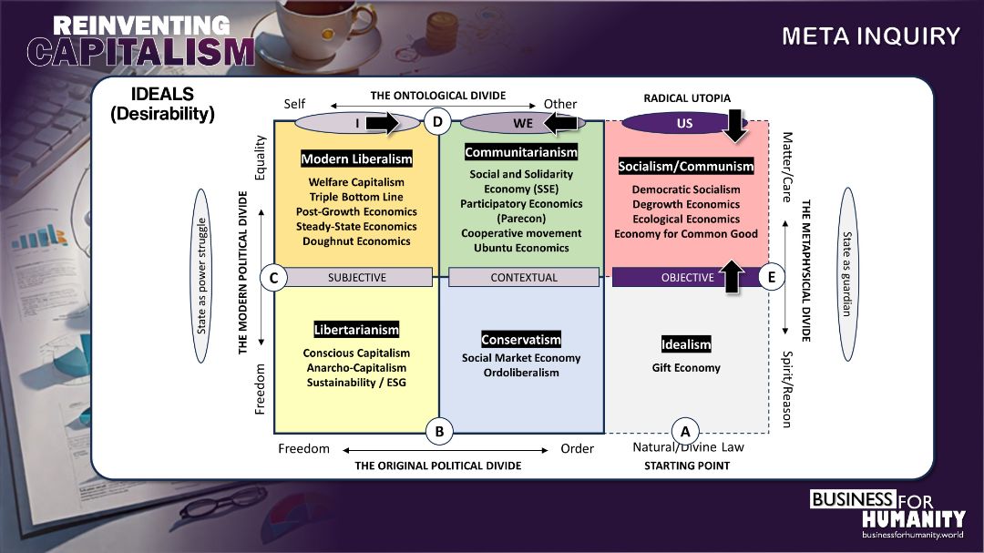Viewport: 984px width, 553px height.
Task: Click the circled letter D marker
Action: [x=438, y=121]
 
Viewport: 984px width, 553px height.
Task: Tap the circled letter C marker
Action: [x=273, y=278]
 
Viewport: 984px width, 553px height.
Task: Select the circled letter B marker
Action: [x=439, y=432]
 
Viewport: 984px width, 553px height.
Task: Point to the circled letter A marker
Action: [x=684, y=432]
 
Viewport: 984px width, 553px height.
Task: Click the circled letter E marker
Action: [x=772, y=278]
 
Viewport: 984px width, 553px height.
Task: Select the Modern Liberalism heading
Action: [x=356, y=159]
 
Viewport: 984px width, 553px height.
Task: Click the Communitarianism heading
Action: [x=521, y=152]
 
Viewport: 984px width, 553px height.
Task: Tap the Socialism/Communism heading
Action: [x=686, y=166]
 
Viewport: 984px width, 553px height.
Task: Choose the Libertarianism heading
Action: [x=356, y=330]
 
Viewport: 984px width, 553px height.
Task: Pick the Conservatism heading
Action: [x=521, y=340]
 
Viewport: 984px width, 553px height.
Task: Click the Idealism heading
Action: [x=686, y=344]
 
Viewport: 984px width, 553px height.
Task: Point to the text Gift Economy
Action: [x=686, y=368]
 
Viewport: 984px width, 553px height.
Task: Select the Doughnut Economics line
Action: [x=356, y=241]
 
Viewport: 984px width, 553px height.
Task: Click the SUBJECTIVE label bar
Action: [x=357, y=278]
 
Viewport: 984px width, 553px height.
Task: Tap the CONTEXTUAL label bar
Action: [x=524, y=278]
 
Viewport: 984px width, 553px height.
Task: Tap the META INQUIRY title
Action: [x=870, y=36]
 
